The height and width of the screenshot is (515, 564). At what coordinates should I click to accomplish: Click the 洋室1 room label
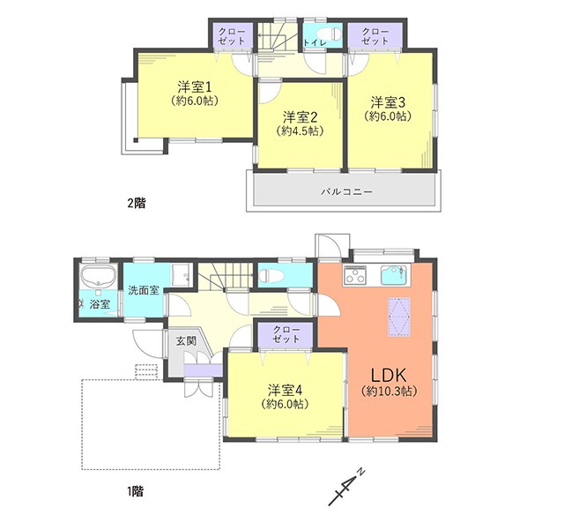pyautogui.click(x=194, y=87)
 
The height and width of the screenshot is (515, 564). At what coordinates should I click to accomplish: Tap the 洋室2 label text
pyautogui.click(x=300, y=117)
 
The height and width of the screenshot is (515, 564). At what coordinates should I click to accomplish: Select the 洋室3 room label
pyautogui.click(x=388, y=102)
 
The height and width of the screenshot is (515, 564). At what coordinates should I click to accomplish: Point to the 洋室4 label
pyautogui.click(x=285, y=390)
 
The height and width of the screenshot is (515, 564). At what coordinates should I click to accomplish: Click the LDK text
pyautogui.click(x=389, y=375)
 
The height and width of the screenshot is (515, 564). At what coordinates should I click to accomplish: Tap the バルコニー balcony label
pyautogui.click(x=346, y=191)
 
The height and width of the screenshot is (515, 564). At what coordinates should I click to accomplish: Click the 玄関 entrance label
pyautogui.click(x=186, y=340)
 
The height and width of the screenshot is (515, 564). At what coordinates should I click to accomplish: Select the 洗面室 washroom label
pyautogui.click(x=144, y=290)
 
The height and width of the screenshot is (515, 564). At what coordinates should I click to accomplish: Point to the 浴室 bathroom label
pyautogui.click(x=100, y=304)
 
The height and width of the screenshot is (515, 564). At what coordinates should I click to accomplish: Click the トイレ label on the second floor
pyautogui.click(x=315, y=42)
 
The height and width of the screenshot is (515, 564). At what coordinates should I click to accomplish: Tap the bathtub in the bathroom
pyautogui.click(x=98, y=276)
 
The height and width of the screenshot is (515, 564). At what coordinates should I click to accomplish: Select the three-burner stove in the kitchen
pyautogui.click(x=355, y=275)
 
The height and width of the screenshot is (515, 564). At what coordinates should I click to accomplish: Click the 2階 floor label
pyautogui.click(x=137, y=204)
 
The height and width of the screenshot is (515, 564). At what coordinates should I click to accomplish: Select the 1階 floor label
pyautogui.click(x=135, y=491)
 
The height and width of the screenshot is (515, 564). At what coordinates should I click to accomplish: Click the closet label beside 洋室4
pyautogui.click(x=286, y=334)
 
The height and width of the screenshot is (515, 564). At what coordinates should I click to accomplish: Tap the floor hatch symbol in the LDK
pyautogui.click(x=399, y=317)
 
